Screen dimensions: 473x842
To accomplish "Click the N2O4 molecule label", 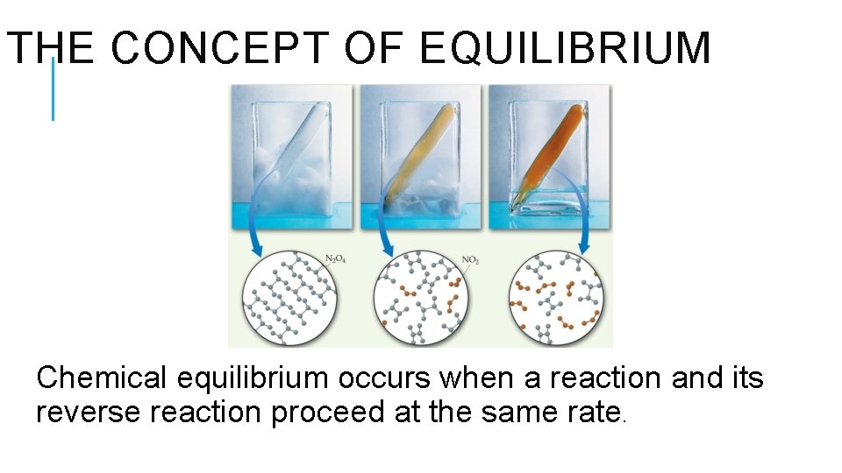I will coord(336,258).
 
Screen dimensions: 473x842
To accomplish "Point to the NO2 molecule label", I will coord(471,259).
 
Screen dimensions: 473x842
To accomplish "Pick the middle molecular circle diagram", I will coord(418,298).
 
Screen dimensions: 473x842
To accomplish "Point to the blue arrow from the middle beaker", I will coord(384,229).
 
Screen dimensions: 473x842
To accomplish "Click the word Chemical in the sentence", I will coord(101,378).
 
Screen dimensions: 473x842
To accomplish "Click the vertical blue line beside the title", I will coord(53,89).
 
